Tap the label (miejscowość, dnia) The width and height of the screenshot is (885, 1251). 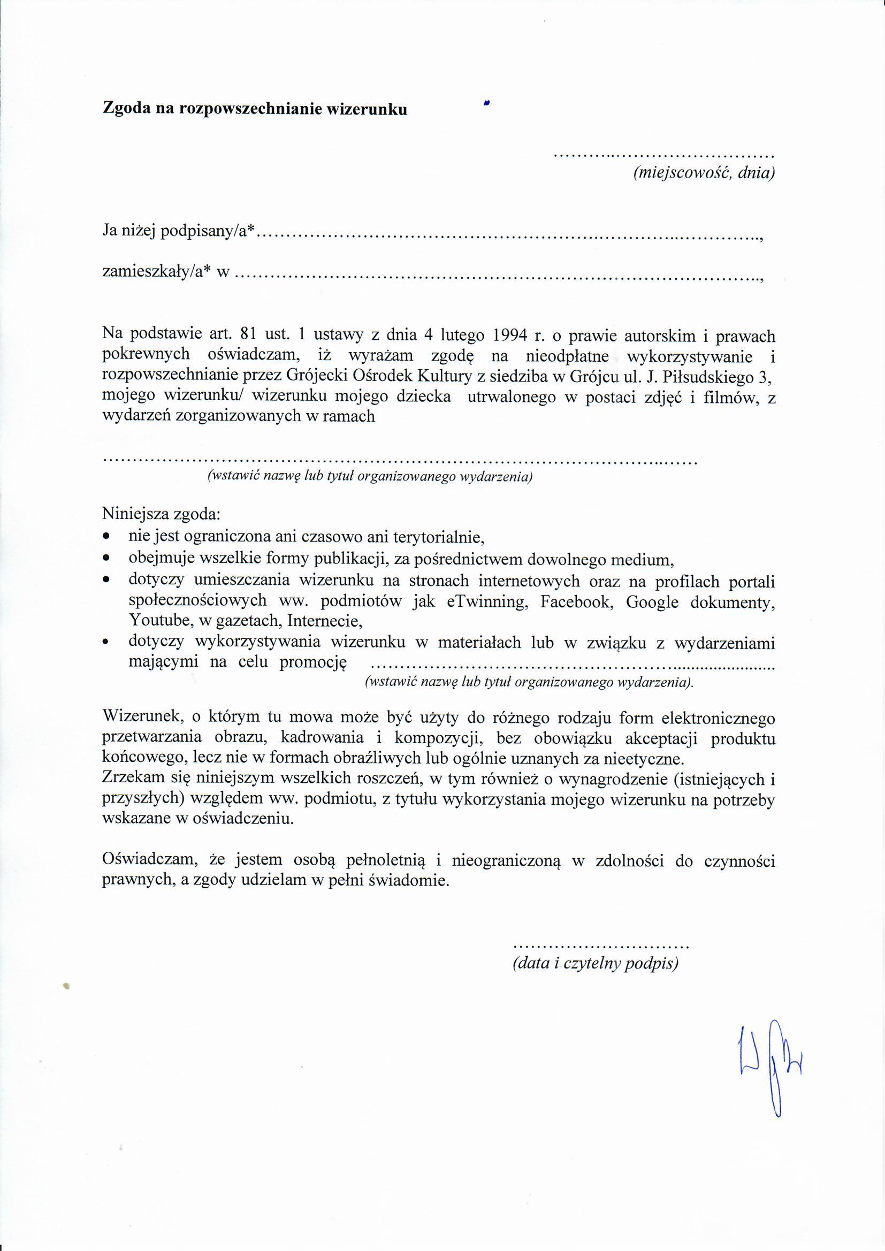coord(704,173)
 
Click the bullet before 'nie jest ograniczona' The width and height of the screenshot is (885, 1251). coord(106,538)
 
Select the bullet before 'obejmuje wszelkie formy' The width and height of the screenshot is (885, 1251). coord(106,559)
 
